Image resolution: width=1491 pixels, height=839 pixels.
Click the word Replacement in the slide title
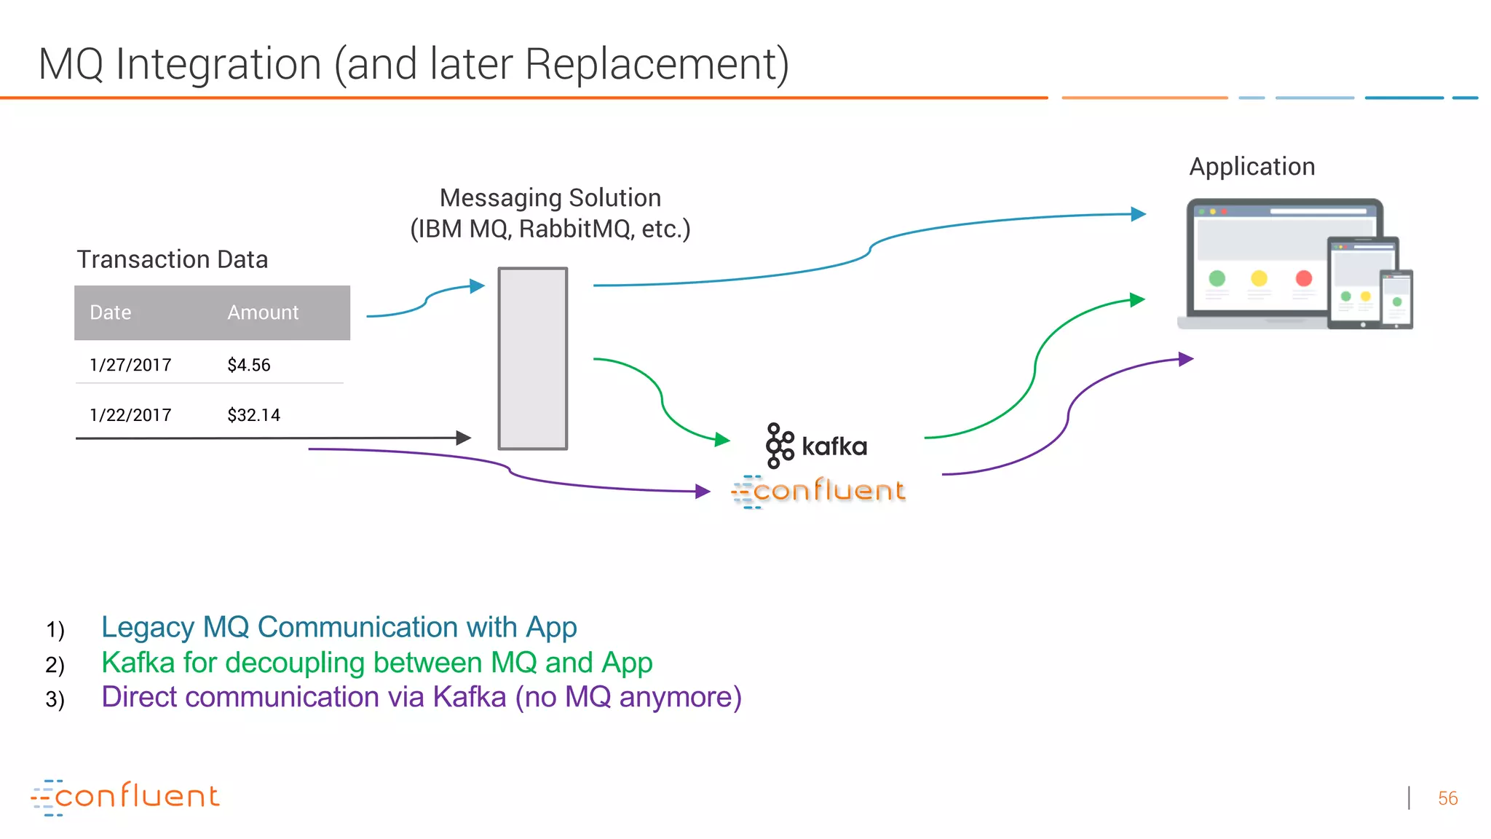click(655, 64)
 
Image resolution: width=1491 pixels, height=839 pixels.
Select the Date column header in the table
click(111, 312)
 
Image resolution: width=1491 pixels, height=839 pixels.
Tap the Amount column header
click(263, 312)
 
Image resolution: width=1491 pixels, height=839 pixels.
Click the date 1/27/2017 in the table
click(130, 365)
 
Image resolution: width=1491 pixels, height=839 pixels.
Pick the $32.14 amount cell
click(253, 415)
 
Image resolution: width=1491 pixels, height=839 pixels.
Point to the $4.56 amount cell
click(248, 365)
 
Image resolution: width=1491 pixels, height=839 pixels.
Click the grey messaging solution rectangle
click(532, 358)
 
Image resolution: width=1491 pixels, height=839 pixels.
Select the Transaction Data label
click(173, 259)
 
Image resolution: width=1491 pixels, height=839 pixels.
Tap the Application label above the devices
click(1251, 167)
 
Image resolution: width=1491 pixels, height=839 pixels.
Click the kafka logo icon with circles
click(779, 445)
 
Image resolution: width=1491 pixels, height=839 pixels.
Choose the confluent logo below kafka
click(819, 491)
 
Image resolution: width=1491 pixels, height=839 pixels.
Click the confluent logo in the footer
click(125, 797)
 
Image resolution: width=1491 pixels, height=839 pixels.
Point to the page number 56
click(1447, 798)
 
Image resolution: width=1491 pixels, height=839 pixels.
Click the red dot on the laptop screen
click(1303, 278)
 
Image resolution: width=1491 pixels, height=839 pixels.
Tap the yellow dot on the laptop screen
click(1259, 278)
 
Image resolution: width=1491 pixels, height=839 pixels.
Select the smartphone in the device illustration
click(1396, 299)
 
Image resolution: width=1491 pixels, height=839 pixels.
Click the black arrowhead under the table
click(464, 438)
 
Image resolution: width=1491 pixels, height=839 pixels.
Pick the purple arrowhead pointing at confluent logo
click(703, 492)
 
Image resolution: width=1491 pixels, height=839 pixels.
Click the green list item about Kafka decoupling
click(376, 663)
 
